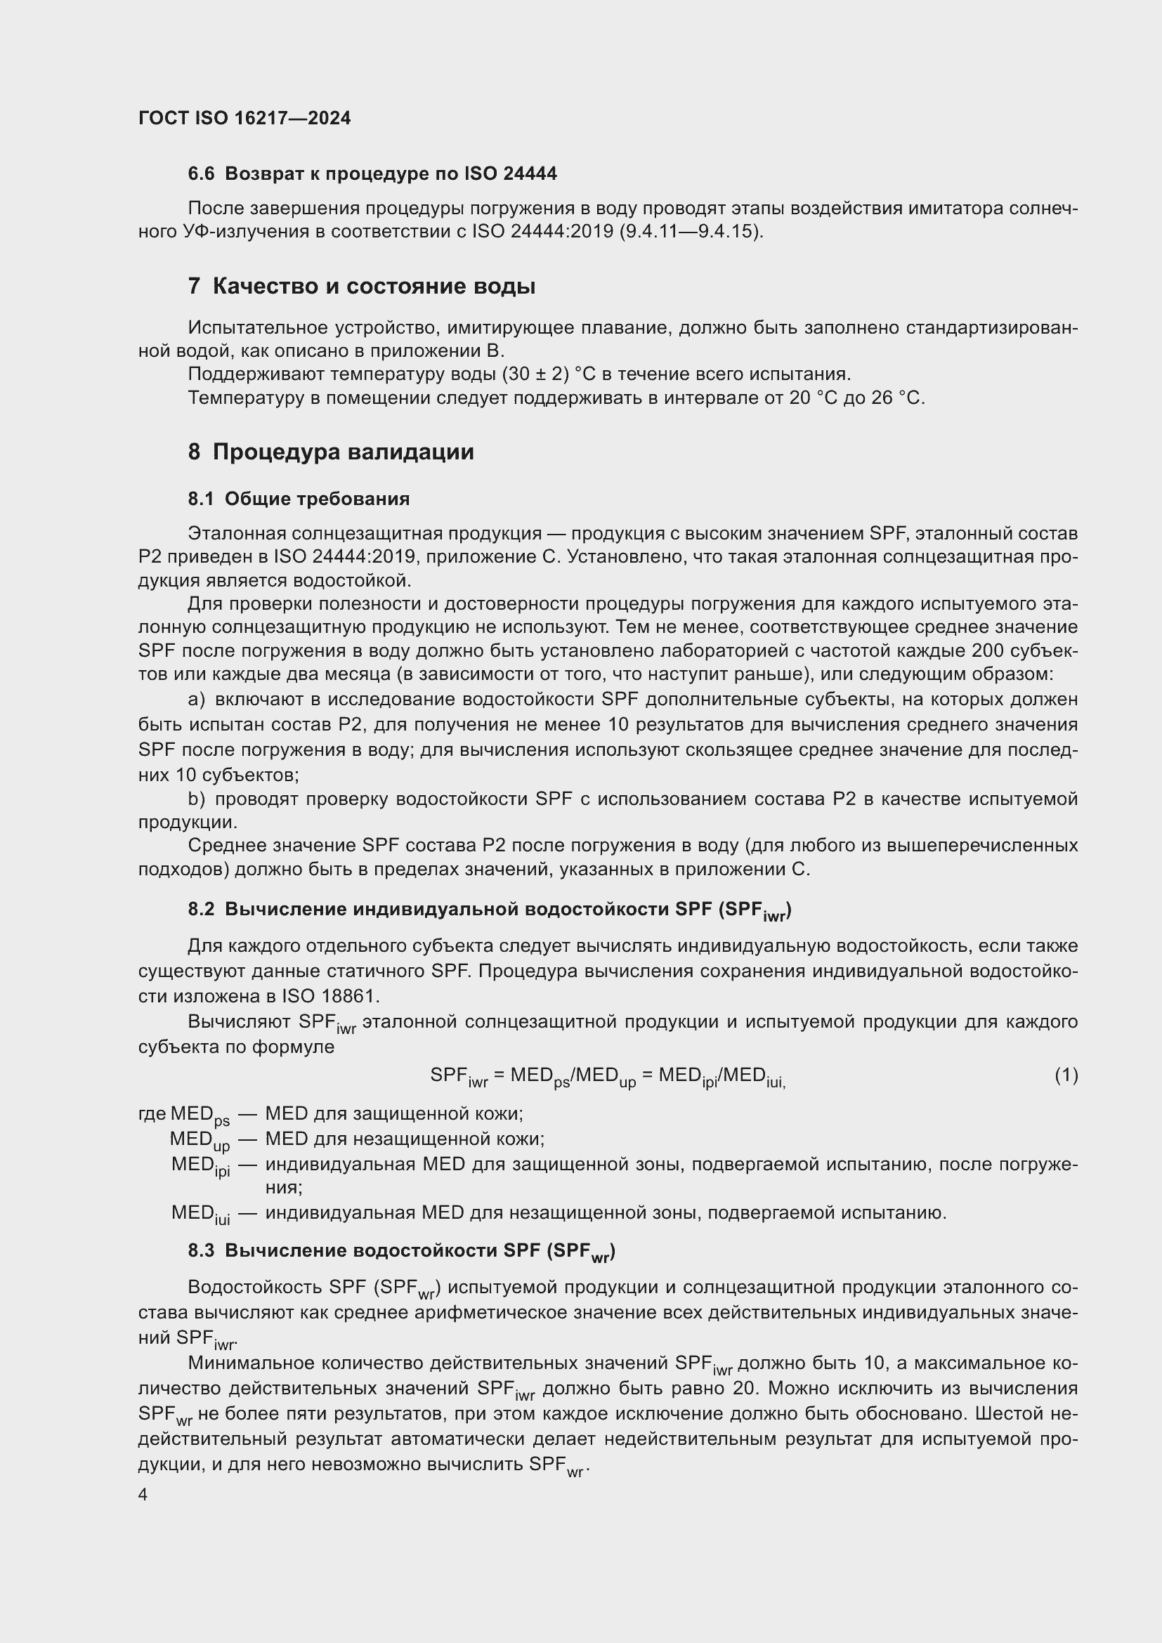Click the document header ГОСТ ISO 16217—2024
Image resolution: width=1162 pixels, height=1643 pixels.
244,118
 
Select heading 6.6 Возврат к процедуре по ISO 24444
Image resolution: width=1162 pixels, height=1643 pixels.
372,174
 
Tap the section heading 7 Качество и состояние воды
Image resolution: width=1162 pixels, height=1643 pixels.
361,286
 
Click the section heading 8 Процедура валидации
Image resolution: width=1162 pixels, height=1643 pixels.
331,452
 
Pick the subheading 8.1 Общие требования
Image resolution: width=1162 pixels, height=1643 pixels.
299,499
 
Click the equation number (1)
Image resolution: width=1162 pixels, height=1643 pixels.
1066,1075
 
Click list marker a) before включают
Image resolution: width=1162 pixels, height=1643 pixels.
197,699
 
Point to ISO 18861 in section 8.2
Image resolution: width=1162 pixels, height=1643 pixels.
331,996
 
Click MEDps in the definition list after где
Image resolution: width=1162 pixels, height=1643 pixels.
200,1114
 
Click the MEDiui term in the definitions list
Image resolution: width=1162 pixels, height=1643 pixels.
200,1214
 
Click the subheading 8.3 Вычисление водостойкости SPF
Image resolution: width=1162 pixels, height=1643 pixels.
400,1251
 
